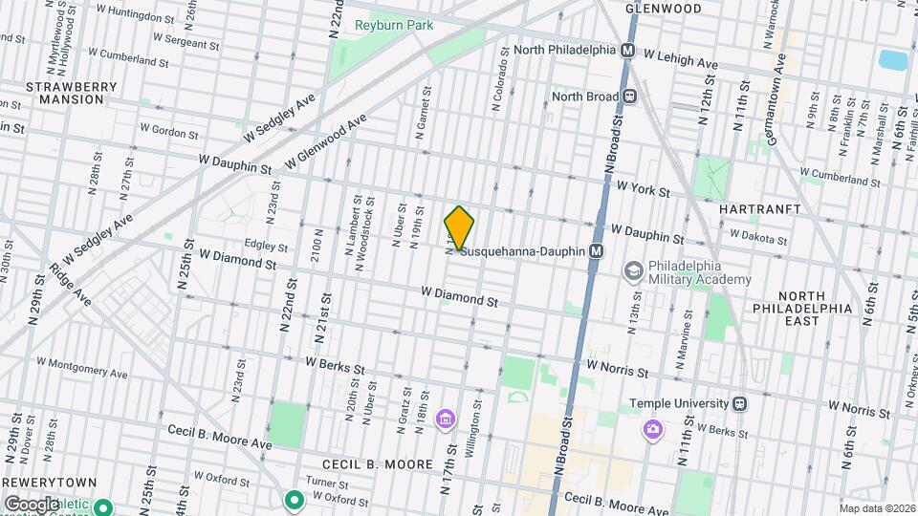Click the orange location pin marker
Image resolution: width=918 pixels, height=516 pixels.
tap(460, 228)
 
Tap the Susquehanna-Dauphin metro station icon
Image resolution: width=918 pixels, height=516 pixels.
tap(597, 251)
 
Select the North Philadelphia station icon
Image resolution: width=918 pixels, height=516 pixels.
tap(629, 50)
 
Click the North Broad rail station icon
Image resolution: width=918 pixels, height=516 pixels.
tap(630, 96)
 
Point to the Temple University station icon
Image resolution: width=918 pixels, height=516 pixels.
tap(739, 403)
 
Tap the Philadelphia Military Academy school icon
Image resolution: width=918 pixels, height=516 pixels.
tap(632, 272)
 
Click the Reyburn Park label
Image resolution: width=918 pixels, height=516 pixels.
tap(393, 25)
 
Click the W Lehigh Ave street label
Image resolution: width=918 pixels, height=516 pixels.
tap(681, 59)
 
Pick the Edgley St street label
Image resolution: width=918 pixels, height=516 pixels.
tap(266, 246)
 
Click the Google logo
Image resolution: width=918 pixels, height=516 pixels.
tap(32, 504)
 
